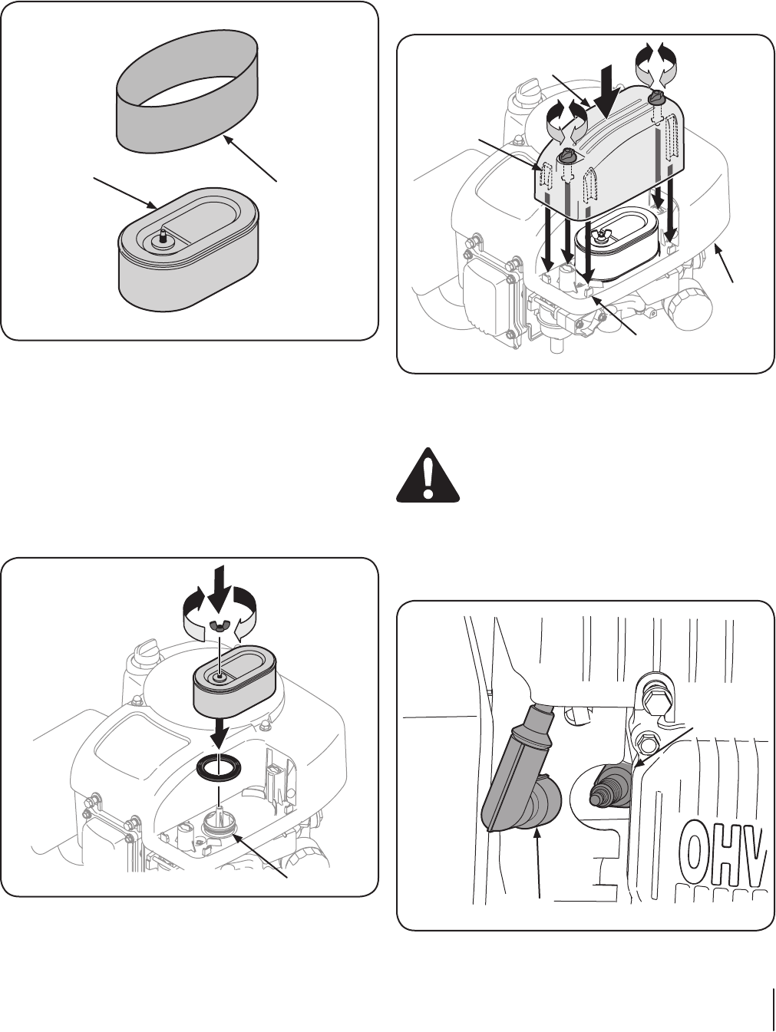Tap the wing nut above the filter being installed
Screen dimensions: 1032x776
tap(220, 628)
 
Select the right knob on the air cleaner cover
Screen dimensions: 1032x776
tap(655, 98)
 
